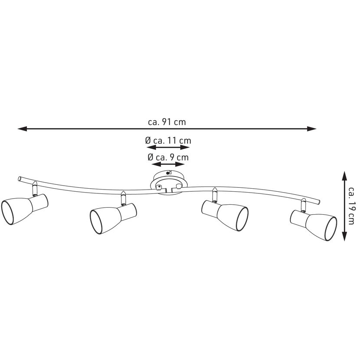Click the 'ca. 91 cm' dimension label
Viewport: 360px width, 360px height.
[167, 122]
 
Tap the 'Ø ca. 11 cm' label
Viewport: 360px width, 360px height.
[168, 140]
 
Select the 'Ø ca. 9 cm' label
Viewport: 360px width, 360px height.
[168, 157]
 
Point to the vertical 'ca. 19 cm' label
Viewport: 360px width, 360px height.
[351, 206]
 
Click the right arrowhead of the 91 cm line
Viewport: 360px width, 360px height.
[312, 129]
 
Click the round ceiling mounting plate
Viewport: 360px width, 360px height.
[169, 183]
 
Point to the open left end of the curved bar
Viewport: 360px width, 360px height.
[20, 178]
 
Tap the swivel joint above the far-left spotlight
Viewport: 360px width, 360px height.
[34, 189]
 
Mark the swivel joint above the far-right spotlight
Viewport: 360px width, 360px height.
[304, 205]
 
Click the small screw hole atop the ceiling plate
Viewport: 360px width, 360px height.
[168, 173]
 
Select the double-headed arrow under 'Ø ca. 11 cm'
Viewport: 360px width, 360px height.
[168, 147]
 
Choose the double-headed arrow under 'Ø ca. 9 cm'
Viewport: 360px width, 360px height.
[168, 164]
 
